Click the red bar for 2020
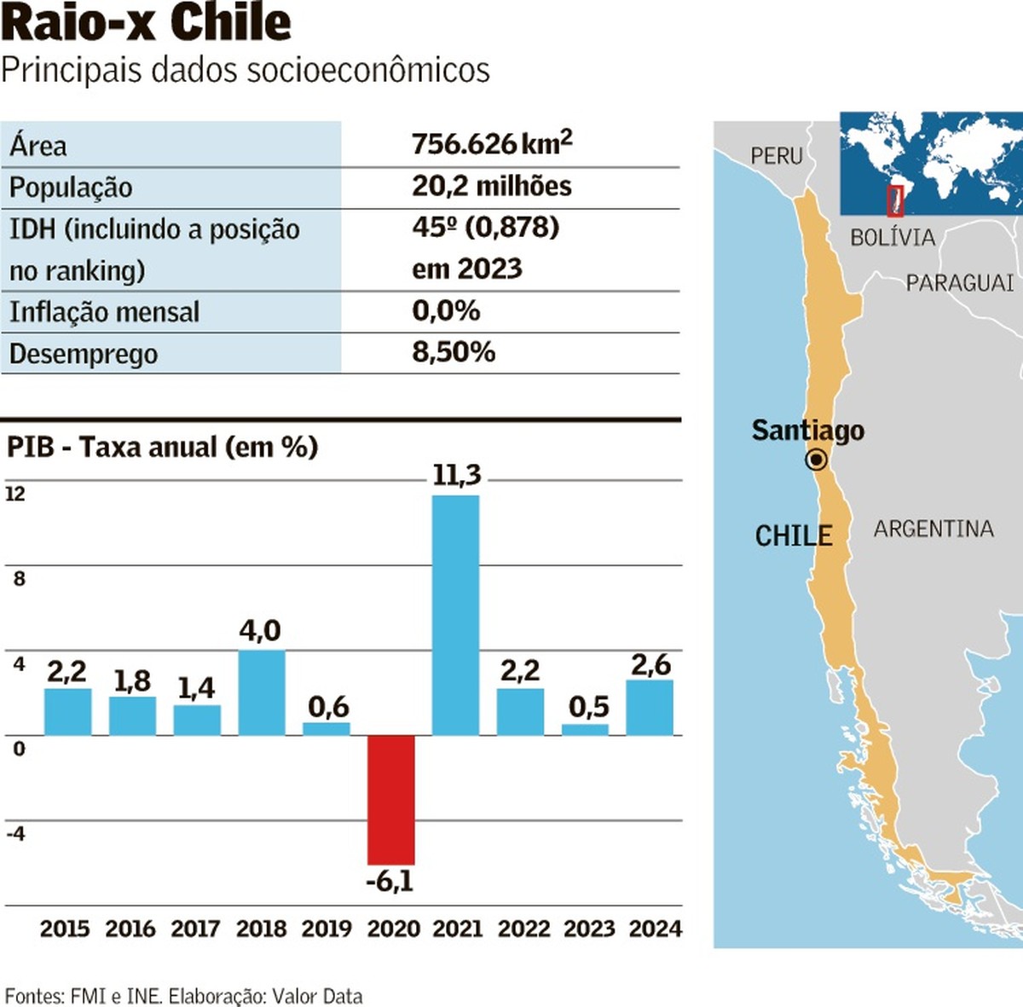coord(391,799)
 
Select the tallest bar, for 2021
coord(455,614)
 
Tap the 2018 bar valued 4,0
coord(262,692)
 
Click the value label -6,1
coord(390,881)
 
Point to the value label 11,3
coord(457,474)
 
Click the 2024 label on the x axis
coord(655,929)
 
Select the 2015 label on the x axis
coord(65,929)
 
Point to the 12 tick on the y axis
coord(15,494)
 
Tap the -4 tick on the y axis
coord(15,833)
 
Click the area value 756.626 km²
coord(492,143)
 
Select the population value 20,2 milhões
coord(492,186)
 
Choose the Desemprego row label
coord(84,353)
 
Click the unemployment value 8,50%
coord(454,351)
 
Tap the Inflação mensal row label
coord(104,311)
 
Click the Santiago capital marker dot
coord(817,460)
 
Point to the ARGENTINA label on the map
coord(933,529)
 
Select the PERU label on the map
coord(777,156)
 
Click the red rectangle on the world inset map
coord(894,200)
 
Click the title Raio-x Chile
coord(147,22)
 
